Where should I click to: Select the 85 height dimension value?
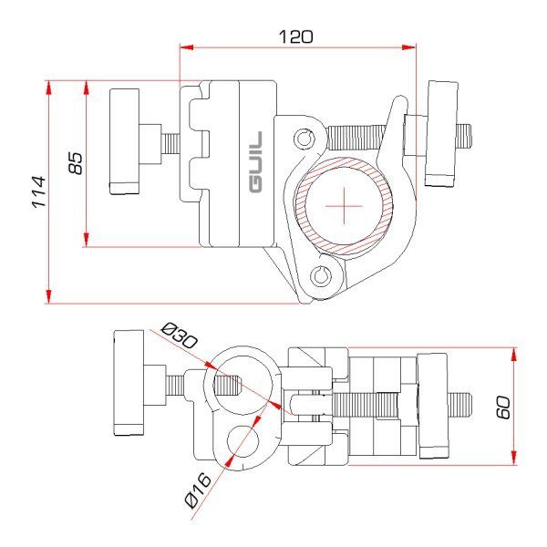tap(76, 163)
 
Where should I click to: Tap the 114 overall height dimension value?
tap(37, 191)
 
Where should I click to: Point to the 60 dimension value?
tap(502, 406)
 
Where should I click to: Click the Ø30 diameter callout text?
tap(179, 335)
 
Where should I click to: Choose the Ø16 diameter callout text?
tap(197, 492)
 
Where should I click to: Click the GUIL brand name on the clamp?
tap(255, 163)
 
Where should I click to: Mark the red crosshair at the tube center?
tap(345, 207)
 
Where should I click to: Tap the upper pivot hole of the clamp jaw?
tap(304, 139)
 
